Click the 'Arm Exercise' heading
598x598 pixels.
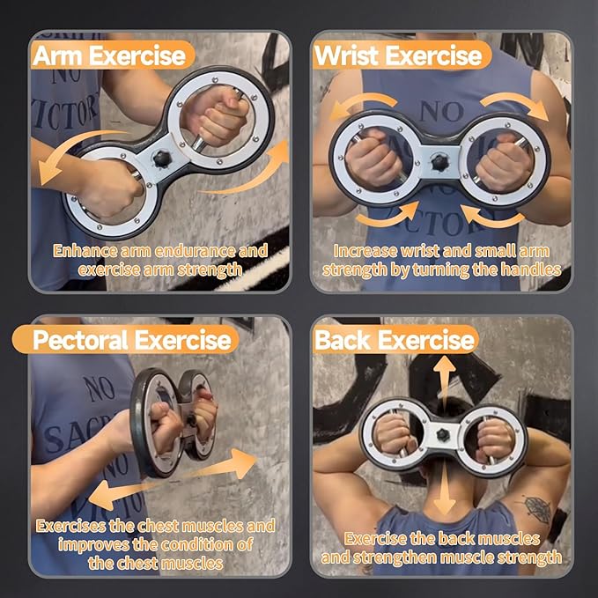tap(110, 55)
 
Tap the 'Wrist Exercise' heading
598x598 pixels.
tap(398, 55)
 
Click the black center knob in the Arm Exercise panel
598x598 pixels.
tap(164, 159)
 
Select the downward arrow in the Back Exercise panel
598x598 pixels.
tap(444, 498)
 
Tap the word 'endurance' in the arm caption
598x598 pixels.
tap(180, 251)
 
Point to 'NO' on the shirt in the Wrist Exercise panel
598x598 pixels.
tap(440, 112)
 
